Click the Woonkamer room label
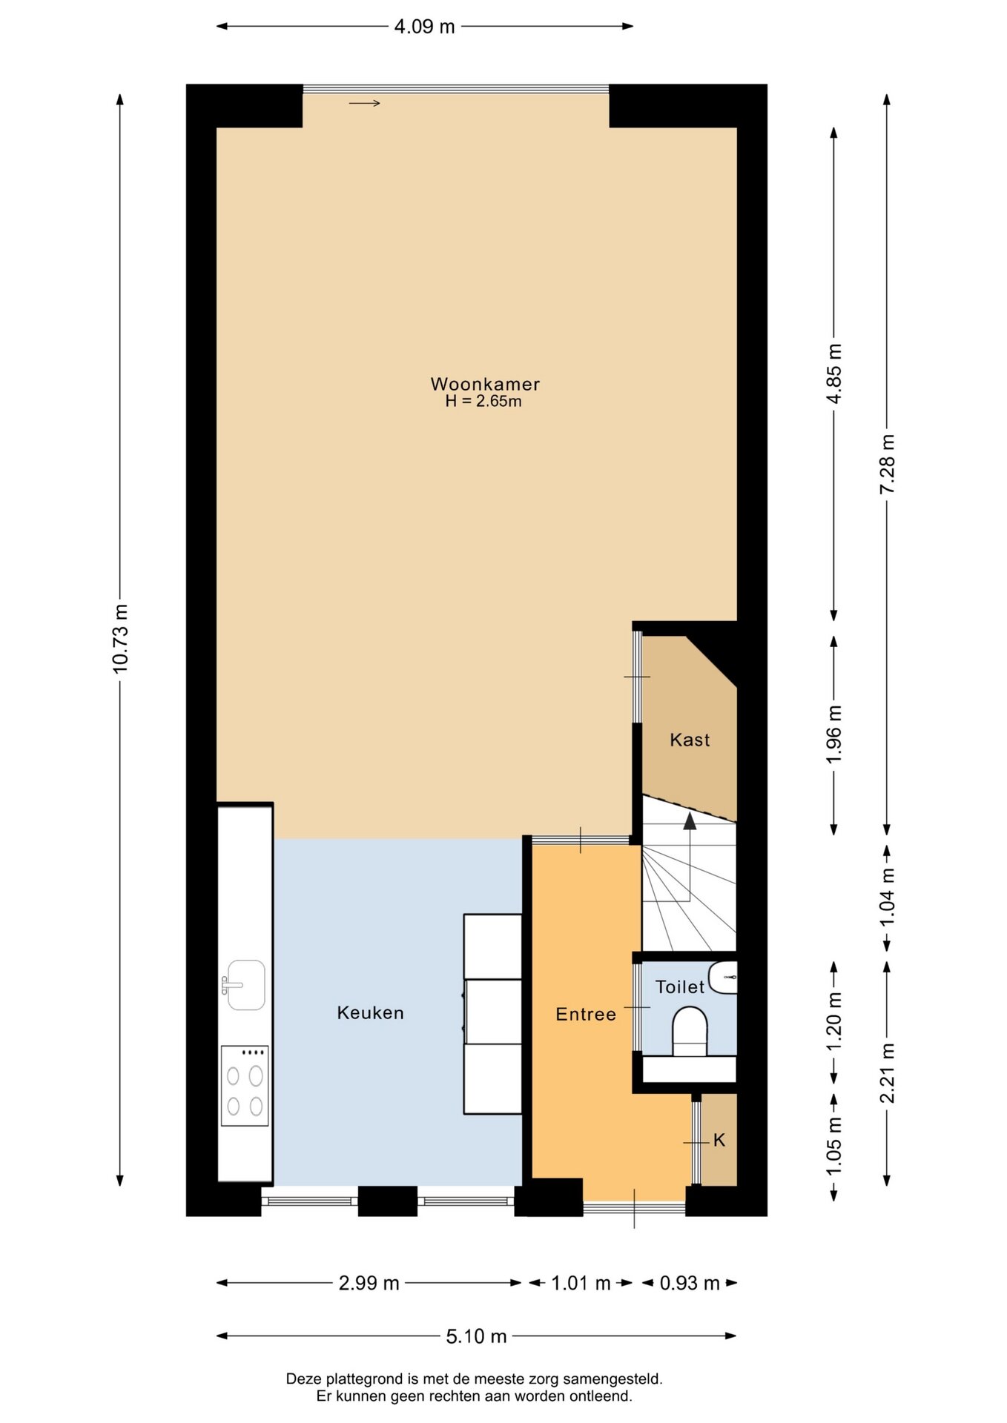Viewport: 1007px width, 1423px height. pyautogui.click(x=485, y=384)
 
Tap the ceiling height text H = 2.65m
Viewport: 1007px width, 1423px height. pyautogui.click(x=483, y=402)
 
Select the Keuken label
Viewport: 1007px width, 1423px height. pyautogui.click(x=371, y=1012)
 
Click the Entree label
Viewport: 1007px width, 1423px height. pyautogui.click(x=586, y=1014)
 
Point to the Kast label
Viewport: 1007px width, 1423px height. pyautogui.click(x=690, y=740)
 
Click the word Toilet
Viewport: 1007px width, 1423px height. pyautogui.click(x=680, y=986)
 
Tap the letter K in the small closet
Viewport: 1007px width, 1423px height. pyautogui.click(x=719, y=1140)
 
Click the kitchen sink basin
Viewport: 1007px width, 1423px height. pyautogui.click(x=245, y=985)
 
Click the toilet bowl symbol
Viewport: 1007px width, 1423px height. pyautogui.click(x=690, y=1030)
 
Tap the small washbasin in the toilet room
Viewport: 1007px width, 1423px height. pyautogui.click(x=723, y=978)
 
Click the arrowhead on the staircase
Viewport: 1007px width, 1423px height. pyautogui.click(x=690, y=820)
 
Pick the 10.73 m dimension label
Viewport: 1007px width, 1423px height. pyautogui.click(x=120, y=638)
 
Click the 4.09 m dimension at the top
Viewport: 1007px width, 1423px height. pyautogui.click(x=424, y=27)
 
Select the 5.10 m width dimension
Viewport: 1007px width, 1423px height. pyautogui.click(x=476, y=1336)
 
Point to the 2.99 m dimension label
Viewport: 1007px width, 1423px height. pyautogui.click(x=369, y=1283)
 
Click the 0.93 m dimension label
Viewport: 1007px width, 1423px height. pyautogui.click(x=690, y=1283)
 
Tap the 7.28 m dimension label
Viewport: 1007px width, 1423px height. pyautogui.click(x=887, y=464)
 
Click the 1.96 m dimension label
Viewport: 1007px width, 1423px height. pyautogui.click(x=834, y=734)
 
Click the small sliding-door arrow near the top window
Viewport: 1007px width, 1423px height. pyautogui.click(x=365, y=103)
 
